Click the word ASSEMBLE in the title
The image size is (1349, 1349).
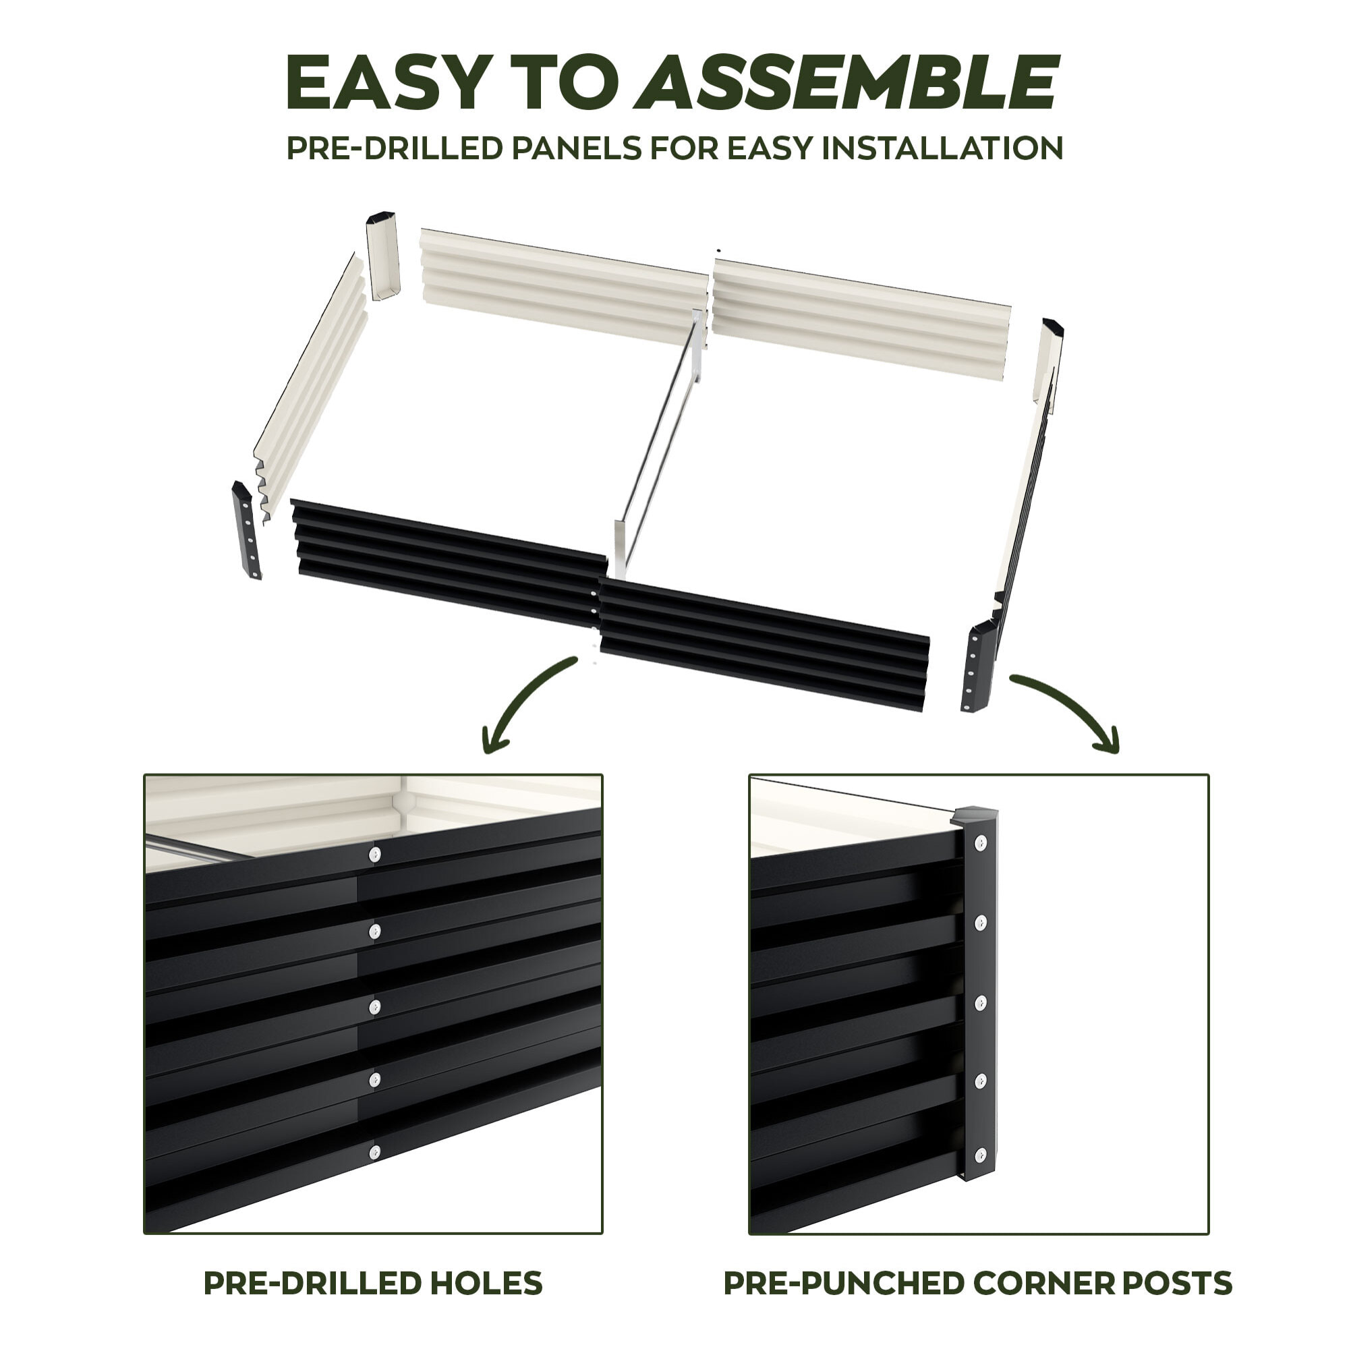coord(847,82)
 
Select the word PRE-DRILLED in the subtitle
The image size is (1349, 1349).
coord(395,148)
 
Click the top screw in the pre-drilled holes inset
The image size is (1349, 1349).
coord(375,854)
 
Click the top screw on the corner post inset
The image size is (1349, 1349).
coord(981,842)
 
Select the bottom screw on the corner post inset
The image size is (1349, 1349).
coord(981,1154)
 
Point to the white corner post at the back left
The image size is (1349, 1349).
coord(382,256)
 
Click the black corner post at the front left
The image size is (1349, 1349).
coord(246,530)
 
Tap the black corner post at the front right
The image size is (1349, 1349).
coord(978,666)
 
